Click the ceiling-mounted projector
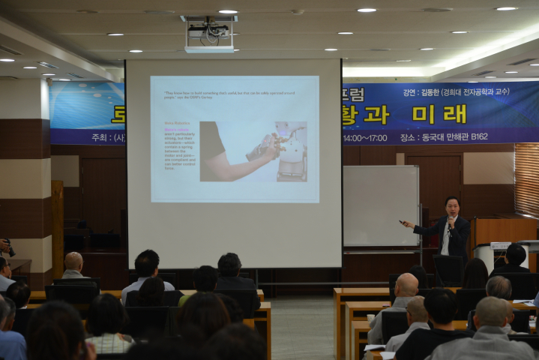209,34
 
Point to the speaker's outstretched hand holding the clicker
406,222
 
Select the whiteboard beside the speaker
381,205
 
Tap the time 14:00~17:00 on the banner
365,138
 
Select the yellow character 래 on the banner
455,114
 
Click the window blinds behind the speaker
526,180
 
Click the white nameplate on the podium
500,245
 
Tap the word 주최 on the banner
100,138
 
